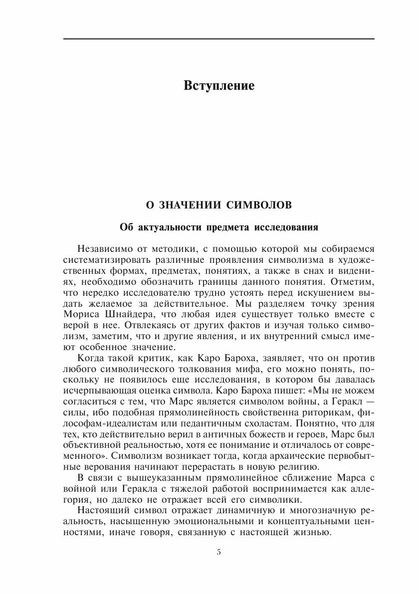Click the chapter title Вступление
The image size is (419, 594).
click(x=219, y=85)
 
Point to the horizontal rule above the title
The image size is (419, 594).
click(x=219, y=39)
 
